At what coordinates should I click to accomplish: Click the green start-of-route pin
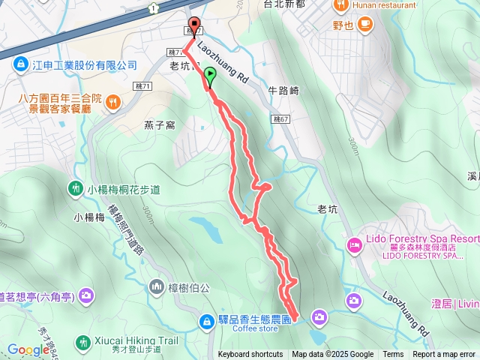pyautogui.click(x=210, y=74)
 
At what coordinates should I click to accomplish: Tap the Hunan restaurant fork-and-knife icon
pyautogui.click(x=340, y=6)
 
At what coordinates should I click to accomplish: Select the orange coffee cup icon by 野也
pyautogui.click(x=365, y=25)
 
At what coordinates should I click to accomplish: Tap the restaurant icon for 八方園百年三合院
pyautogui.click(x=112, y=102)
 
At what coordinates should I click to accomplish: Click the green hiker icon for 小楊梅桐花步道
pyautogui.click(x=76, y=188)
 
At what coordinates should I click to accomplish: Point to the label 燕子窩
pyautogui.click(x=160, y=124)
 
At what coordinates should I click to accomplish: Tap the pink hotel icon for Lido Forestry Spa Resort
pyautogui.click(x=354, y=244)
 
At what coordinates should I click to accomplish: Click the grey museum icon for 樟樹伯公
pyautogui.click(x=157, y=285)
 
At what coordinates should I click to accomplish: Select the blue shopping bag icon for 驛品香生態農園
pyautogui.click(x=205, y=321)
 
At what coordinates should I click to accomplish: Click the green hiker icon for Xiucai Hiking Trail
pyautogui.click(x=82, y=341)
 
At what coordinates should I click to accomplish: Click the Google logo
pyautogui.click(x=28, y=349)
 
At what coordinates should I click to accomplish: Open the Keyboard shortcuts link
pyautogui.click(x=250, y=355)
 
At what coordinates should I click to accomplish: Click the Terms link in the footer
pyautogui.click(x=393, y=355)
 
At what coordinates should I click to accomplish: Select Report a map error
pyautogui.click(x=445, y=355)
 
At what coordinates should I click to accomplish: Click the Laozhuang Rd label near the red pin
pyautogui.click(x=223, y=61)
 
